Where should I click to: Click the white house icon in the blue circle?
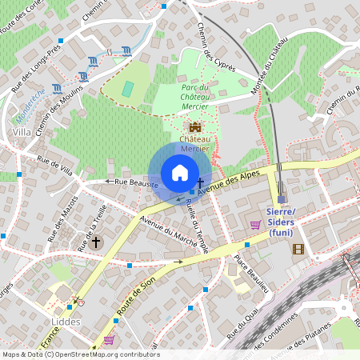[179, 173]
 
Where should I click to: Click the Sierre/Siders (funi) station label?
[279, 227]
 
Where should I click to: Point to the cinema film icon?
[298, 249]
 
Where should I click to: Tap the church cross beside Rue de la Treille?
[95, 242]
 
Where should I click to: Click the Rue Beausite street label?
[135, 183]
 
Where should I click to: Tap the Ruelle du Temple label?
[197, 225]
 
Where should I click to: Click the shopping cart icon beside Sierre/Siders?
[255, 225]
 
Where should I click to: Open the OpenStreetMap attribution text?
[80, 354]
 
